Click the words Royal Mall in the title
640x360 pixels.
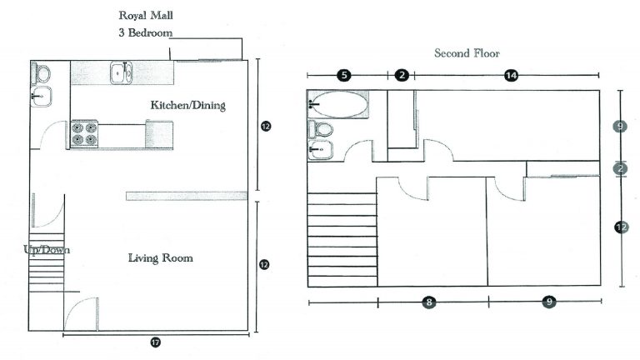pos(147,15)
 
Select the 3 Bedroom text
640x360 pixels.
pos(147,33)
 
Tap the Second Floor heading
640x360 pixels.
pos(467,53)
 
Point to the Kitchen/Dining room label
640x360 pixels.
pos(187,106)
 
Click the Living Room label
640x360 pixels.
pos(160,258)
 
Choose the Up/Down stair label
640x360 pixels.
pos(47,249)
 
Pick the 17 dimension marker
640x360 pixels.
pos(156,342)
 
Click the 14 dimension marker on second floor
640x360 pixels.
pos(511,76)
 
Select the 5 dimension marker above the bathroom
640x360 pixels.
pos(343,76)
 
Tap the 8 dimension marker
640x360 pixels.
pos(428,302)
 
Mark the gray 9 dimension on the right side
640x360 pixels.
pos(619,127)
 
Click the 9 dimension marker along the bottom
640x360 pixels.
pos(548,302)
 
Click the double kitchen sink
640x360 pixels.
pos(123,73)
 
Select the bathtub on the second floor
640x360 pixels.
pos(337,105)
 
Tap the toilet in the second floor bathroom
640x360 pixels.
pos(320,129)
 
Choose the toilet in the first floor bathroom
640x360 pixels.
pos(40,73)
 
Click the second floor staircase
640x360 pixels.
pos(342,237)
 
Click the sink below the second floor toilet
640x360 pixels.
pos(320,149)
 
